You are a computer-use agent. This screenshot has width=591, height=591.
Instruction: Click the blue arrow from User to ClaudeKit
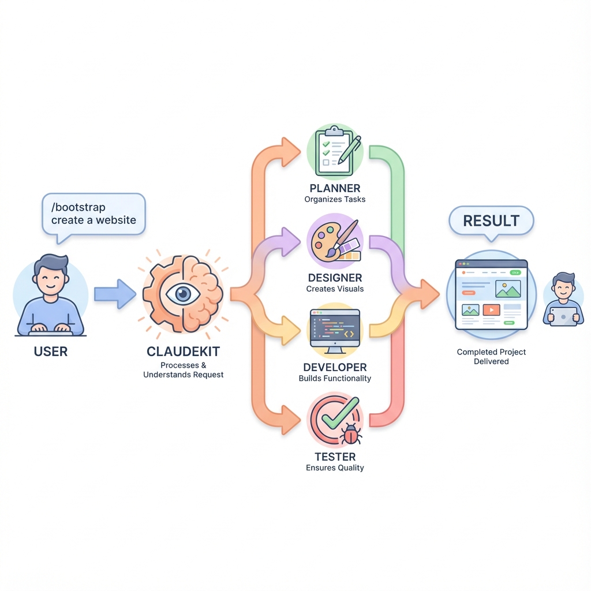(x=114, y=293)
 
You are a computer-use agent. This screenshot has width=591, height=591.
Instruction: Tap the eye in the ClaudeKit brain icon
(x=183, y=294)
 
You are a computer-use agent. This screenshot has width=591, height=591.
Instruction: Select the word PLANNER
(x=335, y=188)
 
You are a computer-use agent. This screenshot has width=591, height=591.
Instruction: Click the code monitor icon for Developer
(x=335, y=330)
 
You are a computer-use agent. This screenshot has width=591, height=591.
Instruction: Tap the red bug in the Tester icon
(x=351, y=433)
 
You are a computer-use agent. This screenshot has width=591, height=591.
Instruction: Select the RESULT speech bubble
(x=491, y=221)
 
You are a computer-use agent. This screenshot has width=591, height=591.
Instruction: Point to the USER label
(x=51, y=351)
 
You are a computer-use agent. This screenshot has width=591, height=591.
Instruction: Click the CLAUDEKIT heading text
(x=183, y=351)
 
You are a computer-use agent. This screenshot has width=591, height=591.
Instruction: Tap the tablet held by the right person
(x=563, y=316)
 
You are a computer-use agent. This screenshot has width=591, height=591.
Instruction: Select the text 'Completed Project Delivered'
(x=491, y=356)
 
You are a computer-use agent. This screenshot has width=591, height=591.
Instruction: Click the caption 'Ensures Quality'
(x=335, y=467)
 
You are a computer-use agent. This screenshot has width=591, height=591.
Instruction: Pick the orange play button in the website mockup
(x=491, y=310)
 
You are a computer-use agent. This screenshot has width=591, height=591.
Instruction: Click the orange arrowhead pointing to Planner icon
(x=291, y=151)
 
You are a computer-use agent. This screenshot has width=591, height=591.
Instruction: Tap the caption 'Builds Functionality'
(x=335, y=379)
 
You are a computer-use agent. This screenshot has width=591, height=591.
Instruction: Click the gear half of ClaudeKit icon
(x=157, y=294)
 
